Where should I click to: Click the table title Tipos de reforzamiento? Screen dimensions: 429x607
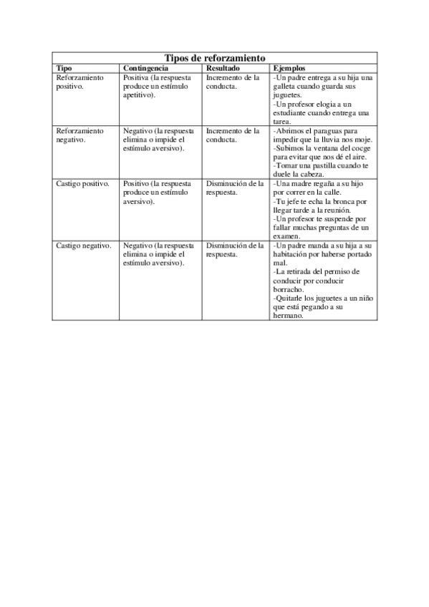(x=215, y=57)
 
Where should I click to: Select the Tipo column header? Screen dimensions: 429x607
(x=64, y=67)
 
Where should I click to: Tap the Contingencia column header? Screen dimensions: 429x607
(x=146, y=67)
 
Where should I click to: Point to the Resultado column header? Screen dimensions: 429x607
(x=223, y=67)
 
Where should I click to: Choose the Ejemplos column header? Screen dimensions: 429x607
(x=289, y=67)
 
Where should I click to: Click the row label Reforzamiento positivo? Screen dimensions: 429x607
(x=79, y=81)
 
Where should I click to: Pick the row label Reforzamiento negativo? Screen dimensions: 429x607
(x=79, y=135)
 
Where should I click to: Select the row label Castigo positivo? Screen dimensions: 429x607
(x=82, y=184)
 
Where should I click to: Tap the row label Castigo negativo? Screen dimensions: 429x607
(x=83, y=246)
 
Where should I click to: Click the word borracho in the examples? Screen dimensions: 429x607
(x=289, y=289)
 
